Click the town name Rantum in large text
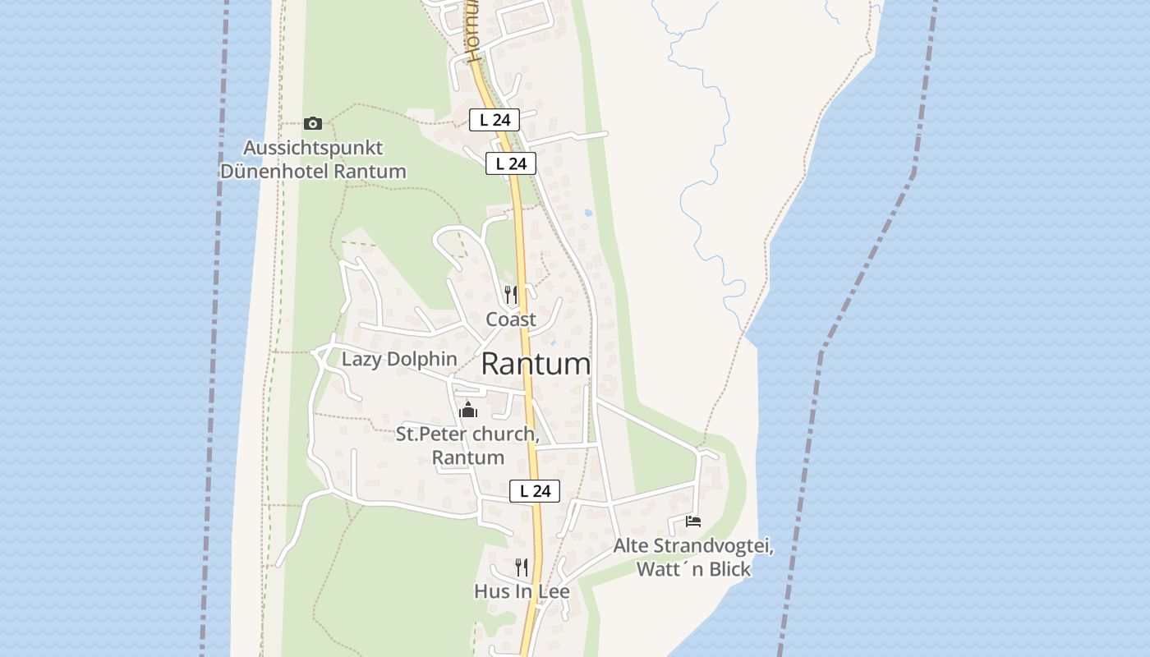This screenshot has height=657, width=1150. click(536, 364)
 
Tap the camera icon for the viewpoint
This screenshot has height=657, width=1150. click(312, 123)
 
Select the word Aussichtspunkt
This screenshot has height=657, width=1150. click(313, 149)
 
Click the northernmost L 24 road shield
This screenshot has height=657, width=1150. click(494, 120)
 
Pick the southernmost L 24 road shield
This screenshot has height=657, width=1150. click(535, 491)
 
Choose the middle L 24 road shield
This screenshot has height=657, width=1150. click(511, 163)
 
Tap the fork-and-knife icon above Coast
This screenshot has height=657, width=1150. click(511, 294)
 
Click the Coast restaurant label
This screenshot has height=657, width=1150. click(511, 319)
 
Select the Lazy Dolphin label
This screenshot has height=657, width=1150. click(399, 359)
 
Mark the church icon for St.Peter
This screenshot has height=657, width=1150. click(468, 409)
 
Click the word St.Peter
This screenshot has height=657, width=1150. click(426, 434)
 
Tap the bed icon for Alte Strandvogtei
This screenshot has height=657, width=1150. click(693, 521)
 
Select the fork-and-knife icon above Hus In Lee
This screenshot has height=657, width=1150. click(521, 567)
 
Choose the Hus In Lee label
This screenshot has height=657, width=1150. click(522, 591)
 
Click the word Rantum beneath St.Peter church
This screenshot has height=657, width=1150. click(468, 457)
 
